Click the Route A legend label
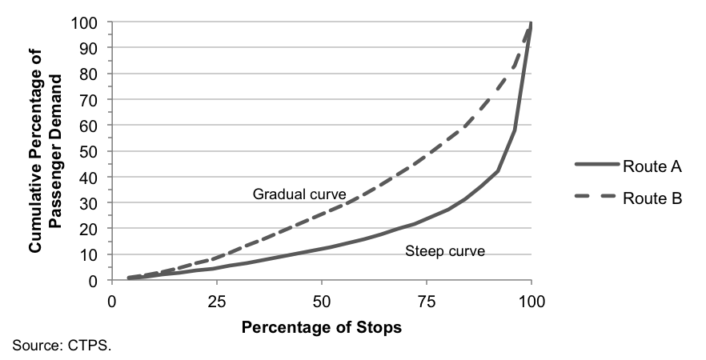(652, 166)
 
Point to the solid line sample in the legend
(595, 166)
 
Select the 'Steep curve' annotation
(445, 251)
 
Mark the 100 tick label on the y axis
(87, 23)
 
